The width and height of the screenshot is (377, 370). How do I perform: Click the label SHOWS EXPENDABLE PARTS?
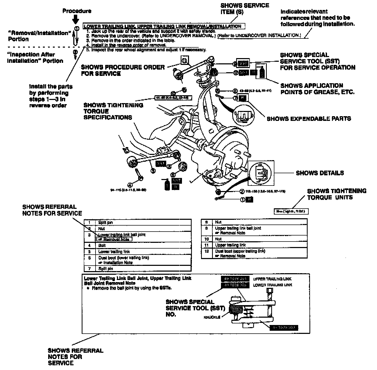click(309, 119)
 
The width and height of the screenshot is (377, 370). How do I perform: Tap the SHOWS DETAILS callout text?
click(320, 173)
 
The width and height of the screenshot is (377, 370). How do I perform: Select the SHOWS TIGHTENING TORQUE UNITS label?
click(336, 194)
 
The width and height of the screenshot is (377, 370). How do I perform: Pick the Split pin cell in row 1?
click(105, 222)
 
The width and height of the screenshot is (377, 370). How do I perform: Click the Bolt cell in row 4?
click(102, 245)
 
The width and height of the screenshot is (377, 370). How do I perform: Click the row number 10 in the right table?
click(206, 239)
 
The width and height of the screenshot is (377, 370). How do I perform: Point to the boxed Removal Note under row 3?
click(115, 239)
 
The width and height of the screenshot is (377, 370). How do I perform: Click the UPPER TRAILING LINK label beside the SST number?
click(272, 279)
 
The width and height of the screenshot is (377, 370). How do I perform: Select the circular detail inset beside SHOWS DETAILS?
click(260, 173)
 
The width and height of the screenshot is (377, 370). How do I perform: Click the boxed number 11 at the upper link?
click(185, 60)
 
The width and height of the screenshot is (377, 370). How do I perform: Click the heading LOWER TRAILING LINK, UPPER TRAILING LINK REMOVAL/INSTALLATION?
click(164, 26)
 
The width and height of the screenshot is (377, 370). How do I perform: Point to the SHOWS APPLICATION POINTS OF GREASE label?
click(317, 89)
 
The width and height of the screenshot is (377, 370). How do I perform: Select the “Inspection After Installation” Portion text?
click(35, 58)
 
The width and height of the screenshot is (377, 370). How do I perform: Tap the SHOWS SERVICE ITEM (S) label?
click(245, 9)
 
